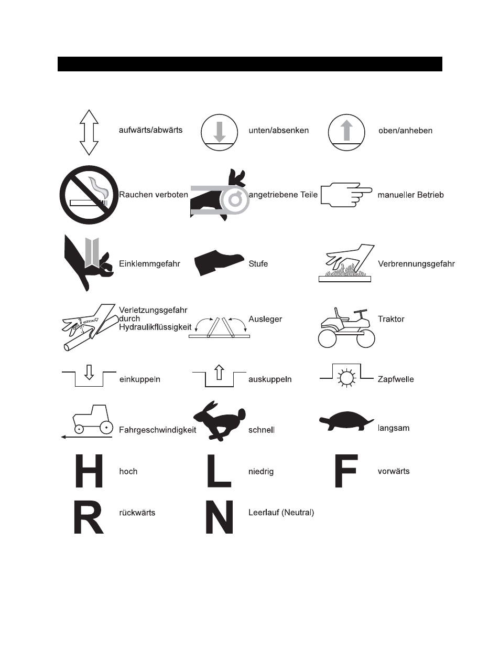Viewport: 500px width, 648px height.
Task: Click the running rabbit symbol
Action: (220, 421)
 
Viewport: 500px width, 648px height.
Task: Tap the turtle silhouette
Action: (346, 421)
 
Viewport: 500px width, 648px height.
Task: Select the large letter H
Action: (89, 471)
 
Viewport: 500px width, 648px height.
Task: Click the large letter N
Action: (219, 517)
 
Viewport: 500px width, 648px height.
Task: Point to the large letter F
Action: (346, 471)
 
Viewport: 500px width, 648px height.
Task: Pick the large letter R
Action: (89, 517)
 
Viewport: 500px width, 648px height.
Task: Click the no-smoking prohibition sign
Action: (89, 195)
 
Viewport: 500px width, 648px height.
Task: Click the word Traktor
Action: (391, 319)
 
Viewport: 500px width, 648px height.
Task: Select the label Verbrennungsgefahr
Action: (416, 264)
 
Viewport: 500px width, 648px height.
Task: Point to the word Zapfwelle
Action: (396, 379)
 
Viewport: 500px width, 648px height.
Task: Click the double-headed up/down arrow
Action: (89, 132)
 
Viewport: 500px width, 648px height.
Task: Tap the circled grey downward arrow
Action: (219, 132)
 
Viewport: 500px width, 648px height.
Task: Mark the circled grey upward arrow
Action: (346, 132)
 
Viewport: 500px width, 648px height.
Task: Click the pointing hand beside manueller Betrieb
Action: (346, 195)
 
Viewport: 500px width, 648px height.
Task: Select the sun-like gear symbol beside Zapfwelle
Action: (346, 378)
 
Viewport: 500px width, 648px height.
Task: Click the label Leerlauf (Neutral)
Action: (281, 513)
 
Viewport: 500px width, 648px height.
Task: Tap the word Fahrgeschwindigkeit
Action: (158, 430)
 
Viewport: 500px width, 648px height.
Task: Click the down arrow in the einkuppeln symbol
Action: (89, 372)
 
